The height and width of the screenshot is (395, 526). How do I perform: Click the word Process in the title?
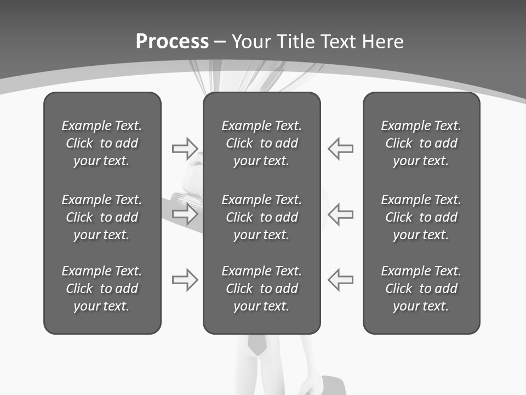[172, 42]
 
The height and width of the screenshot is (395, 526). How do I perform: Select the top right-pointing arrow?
[185, 149]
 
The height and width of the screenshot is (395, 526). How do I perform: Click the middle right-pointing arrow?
[185, 214]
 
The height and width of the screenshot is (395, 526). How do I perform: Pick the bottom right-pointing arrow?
[185, 280]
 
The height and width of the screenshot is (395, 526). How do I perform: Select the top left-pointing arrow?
[340, 149]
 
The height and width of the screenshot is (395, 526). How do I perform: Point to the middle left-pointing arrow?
[340, 214]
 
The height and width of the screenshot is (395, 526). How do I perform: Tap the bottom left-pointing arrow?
[340, 280]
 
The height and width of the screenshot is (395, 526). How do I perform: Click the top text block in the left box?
[102, 143]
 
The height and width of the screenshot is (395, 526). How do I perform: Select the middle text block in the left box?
[102, 217]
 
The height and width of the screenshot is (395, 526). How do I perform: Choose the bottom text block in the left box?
[102, 289]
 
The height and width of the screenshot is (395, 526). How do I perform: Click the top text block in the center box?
[261, 143]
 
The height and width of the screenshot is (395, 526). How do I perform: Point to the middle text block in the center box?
[261, 217]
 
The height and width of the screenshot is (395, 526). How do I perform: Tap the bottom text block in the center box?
[261, 289]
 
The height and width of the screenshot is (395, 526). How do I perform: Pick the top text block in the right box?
[421, 143]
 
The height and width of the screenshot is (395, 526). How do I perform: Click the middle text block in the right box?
[421, 217]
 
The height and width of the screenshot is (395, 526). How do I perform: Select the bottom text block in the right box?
[421, 289]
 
